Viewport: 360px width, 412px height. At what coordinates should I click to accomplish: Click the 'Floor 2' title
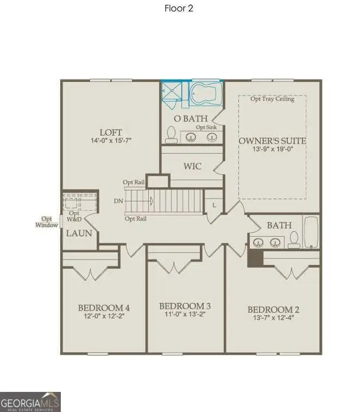[x=179, y=8]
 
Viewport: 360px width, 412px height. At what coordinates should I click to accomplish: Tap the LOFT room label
[x=111, y=132]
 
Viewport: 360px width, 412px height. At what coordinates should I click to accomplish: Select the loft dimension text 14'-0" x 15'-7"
[x=111, y=141]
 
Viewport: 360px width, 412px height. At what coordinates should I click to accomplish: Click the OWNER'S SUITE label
[x=273, y=141]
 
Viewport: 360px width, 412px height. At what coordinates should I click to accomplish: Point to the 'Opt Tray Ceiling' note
[x=272, y=99]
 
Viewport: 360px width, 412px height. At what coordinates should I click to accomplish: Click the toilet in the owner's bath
[x=171, y=135]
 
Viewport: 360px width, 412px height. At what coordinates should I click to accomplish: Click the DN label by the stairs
[x=119, y=201]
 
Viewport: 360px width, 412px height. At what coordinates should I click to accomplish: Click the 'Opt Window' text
[x=47, y=221]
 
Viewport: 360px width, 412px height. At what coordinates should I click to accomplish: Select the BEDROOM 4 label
[x=104, y=308]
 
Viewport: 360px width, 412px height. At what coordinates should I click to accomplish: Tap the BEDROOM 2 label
[x=273, y=310]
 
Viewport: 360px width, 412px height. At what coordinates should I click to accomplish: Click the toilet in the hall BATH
[x=294, y=239]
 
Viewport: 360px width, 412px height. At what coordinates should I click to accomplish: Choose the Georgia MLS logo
[x=30, y=402]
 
